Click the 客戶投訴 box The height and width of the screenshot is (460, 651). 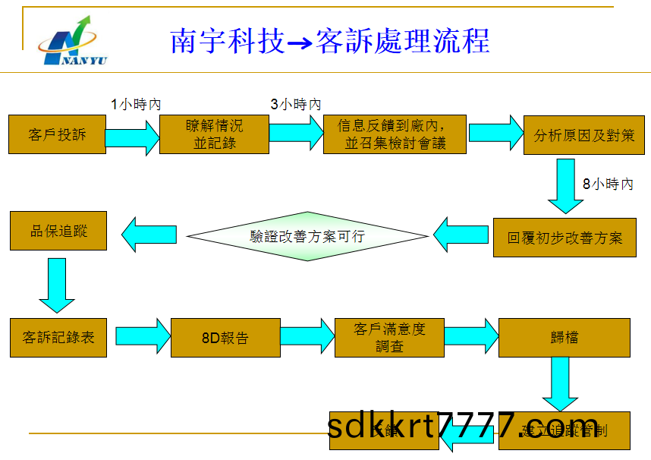(58, 134)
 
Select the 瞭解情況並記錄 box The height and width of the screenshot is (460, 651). (214, 134)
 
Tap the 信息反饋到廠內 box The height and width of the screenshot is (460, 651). (395, 134)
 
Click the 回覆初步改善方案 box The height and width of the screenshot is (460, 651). (565, 237)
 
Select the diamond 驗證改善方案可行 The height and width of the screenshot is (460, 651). (307, 236)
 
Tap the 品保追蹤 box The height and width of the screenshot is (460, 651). (58, 231)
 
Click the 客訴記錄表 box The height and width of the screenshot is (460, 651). (58, 337)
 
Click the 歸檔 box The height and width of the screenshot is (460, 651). (564, 337)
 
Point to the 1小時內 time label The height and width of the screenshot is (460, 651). (137, 105)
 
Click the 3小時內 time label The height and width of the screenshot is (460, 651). (296, 105)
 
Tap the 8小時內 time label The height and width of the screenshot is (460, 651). (607, 184)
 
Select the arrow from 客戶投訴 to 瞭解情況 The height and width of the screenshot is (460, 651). (132, 137)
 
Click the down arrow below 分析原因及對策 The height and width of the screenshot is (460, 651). (565, 185)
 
